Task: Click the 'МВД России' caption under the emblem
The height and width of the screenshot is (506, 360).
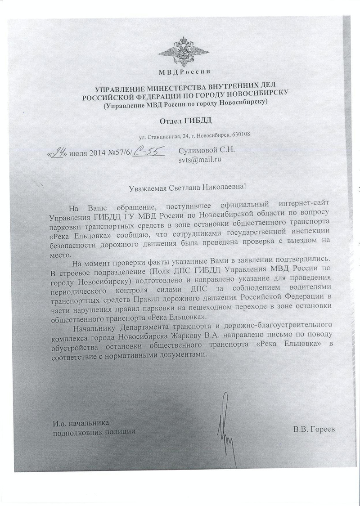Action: click(185, 72)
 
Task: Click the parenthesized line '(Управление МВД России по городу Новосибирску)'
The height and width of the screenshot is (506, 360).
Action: click(185, 102)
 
